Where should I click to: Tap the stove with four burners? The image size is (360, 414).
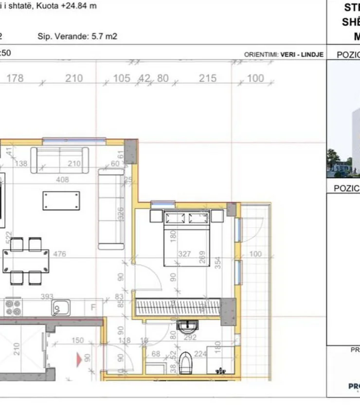[x=13, y=307]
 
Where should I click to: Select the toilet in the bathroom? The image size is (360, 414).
[x=186, y=362]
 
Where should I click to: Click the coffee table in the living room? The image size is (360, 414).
[x=61, y=200]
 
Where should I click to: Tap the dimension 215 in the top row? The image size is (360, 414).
[x=207, y=78]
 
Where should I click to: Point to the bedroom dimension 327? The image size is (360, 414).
[x=184, y=254]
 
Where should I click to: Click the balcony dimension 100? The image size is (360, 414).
[x=255, y=254]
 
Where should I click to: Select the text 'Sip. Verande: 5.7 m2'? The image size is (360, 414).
[x=77, y=36]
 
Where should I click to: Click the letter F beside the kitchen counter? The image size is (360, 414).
[x=92, y=307]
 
